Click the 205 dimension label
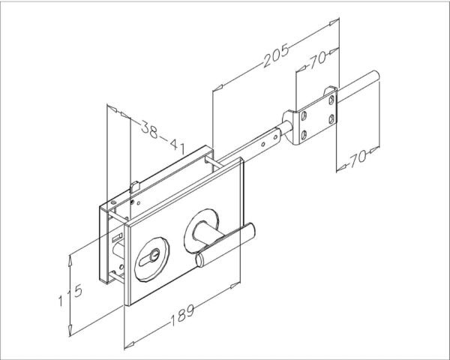[x=276, y=55]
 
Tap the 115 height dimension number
[x=70, y=295]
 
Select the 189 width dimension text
[x=182, y=315]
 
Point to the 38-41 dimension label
[x=163, y=136]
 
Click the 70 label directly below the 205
[x=317, y=60]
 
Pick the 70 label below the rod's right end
[x=358, y=158]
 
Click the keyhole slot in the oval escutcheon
[x=149, y=257]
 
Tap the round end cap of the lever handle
[x=199, y=260]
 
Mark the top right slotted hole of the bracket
[x=331, y=100]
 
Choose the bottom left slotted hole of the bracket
[x=304, y=135]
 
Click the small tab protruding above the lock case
[x=135, y=187]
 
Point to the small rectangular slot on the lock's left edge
[x=117, y=238]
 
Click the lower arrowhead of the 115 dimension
[x=70, y=330]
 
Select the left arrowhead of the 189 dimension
[x=129, y=344]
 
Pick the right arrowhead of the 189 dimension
[x=235, y=285]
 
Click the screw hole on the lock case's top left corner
[x=113, y=202]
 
